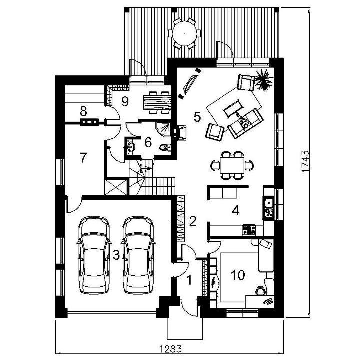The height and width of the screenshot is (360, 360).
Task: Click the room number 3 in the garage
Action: coord(116,255)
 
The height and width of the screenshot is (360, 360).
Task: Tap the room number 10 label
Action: coord(238,275)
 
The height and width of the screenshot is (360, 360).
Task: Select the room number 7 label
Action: coord(83,158)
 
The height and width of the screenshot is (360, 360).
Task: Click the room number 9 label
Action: coord(125,101)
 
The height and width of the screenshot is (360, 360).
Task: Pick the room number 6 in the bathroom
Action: coord(148,142)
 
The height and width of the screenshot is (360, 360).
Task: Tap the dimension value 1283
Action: coord(170,349)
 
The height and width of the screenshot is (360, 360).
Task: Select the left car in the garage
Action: coord(94,255)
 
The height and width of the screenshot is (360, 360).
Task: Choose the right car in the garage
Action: coord(138,255)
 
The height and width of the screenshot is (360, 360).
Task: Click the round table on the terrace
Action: coord(185,34)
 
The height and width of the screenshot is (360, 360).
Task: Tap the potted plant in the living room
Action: coord(264,80)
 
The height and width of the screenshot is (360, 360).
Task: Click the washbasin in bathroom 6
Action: coord(131,147)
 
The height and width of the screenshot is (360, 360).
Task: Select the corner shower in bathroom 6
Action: coord(163,129)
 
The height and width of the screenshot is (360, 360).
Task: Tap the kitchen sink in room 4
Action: coord(269,202)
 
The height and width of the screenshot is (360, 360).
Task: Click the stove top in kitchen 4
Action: coord(249,230)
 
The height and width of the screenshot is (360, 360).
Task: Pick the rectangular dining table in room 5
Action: coord(232,165)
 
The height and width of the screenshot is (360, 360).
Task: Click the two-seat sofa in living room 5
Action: coord(246,124)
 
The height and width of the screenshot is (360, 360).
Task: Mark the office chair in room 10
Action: coord(261,290)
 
